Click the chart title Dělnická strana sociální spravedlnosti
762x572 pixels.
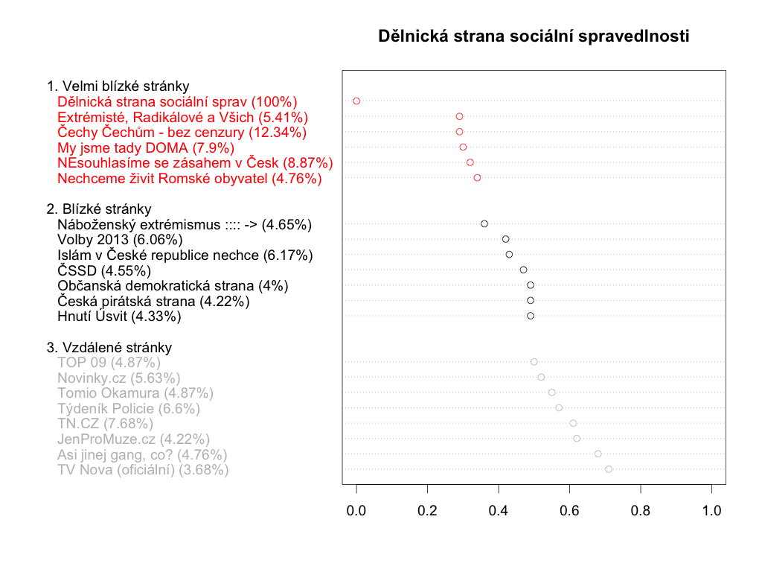534,36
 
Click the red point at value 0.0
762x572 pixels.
356,101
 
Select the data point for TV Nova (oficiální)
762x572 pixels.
609,469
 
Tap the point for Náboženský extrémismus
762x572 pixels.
484,223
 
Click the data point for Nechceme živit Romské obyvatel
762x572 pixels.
477,177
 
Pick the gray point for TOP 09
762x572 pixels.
534,362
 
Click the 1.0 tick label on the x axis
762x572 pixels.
712,511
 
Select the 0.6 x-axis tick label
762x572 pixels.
570,511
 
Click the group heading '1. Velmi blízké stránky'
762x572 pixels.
118,86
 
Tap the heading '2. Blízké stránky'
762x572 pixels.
99,209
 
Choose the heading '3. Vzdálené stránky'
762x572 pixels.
109,347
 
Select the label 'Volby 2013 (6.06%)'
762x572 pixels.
120,240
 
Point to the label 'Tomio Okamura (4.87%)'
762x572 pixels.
135,393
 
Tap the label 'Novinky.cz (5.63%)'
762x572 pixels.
119,378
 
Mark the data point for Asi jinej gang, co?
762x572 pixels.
598,454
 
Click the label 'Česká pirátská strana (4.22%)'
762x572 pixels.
153,301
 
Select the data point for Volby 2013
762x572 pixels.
506,239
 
